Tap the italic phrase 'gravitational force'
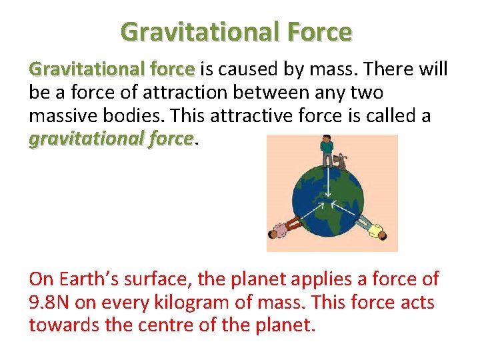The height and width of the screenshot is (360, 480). (111, 139)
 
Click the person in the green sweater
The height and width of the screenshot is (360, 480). (326, 151)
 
